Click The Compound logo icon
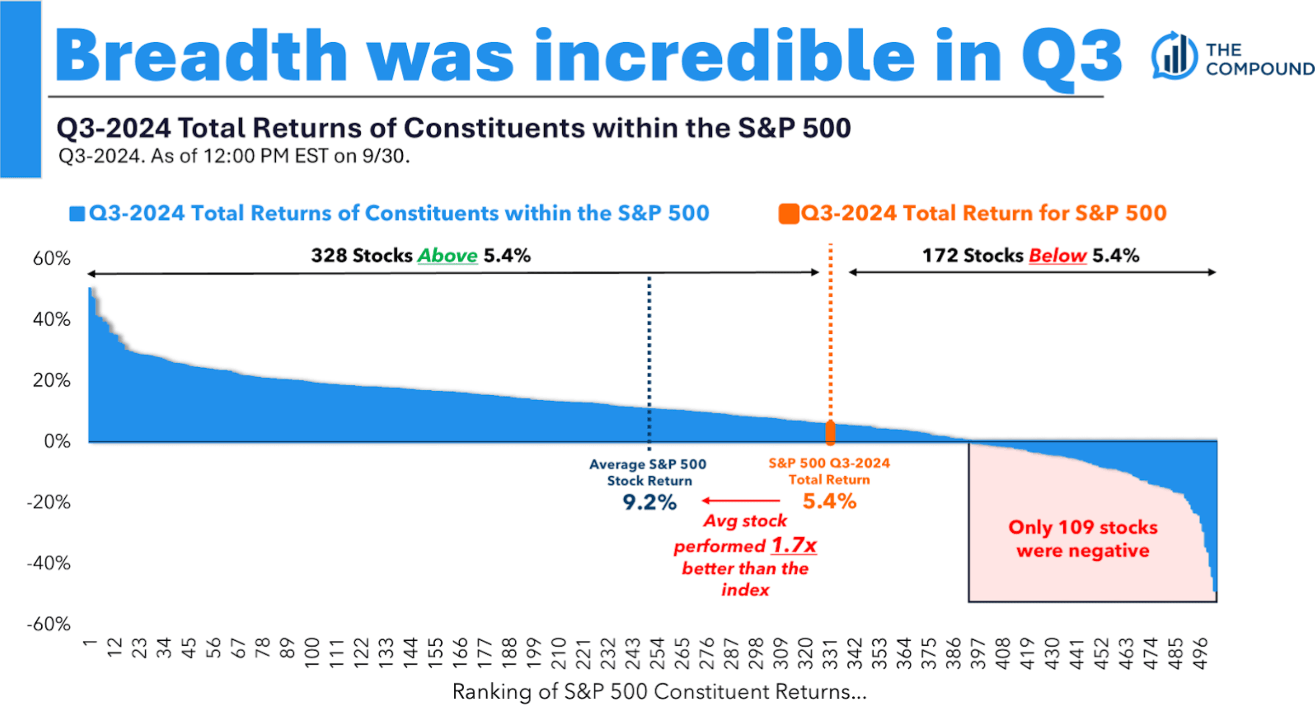pyautogui.click(x=1174, y=56)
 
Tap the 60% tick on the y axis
pyautogui.click(x=52, y=258)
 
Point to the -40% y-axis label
pyautogui.click(x=49, y=563)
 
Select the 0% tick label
pyautogui.click(x=57, y=441)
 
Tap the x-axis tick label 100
pyautogui.click(x=312, y=654)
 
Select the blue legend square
pyautogui.click(x=77, y=214)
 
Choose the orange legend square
pyautogui.click(x=788, y=214)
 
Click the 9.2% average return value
pyautogui.click(x=649, y=503)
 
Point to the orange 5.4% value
pyautogui.click(x=830, y=501)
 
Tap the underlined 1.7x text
pyautogui.click(x=794, y=545)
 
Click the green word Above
pyautogui.click(x=447, y=255)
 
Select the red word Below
pyautogui.click(x=1057, y=255)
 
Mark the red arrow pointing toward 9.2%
pyautogui.click(x=741, y=500)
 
